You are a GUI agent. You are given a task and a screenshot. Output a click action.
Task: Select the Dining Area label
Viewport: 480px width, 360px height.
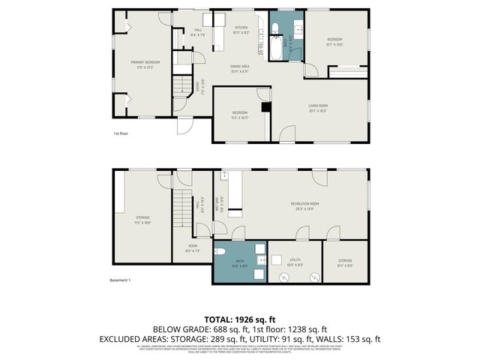[x=240, y=69]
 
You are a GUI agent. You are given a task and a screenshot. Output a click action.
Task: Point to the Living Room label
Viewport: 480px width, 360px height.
[x=319, y=107]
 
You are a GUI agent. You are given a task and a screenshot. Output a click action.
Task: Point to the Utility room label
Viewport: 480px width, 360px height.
[x=295, y=262]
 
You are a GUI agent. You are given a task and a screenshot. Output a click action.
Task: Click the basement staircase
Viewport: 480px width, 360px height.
[x=182, y=214]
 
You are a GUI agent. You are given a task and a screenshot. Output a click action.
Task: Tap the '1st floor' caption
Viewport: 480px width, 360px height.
[x=121, y=133]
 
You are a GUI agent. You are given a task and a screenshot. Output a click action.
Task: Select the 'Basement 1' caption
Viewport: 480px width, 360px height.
[x=121, y=280]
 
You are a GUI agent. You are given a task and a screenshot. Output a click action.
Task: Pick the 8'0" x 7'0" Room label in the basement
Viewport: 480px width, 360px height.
[x=193, y=248]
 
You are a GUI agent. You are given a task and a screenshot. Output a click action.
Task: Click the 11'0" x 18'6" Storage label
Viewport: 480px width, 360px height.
[x=142, y=220]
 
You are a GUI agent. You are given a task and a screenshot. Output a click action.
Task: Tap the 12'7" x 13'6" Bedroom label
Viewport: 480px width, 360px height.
[x=334, y=42]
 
